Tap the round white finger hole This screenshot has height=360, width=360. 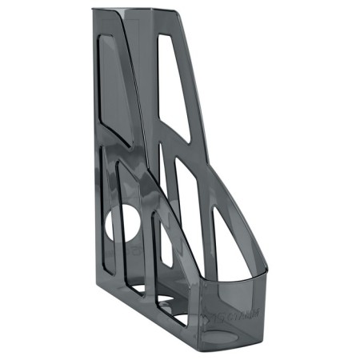click(x=120, y=225)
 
